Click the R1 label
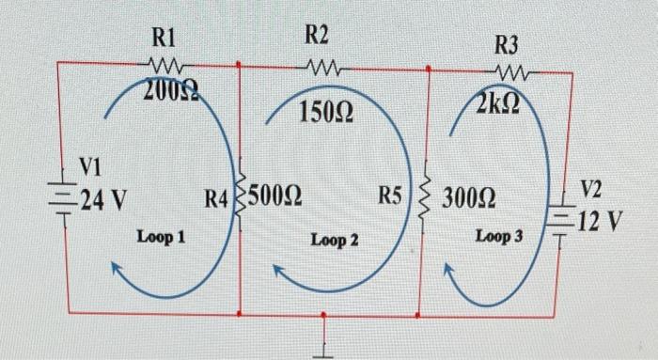coord(164,39)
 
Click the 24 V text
coord(103,199)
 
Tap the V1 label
coord(88,167)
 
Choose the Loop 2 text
coord(335,241)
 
